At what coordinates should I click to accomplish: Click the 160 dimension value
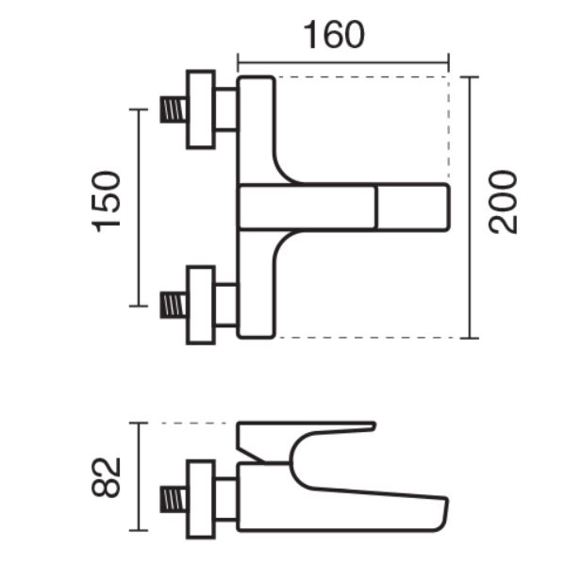[334, 35]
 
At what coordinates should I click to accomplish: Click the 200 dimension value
[503, 202]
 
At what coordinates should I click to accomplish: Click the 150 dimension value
[106, 202]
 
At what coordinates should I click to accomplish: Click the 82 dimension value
[106, 477]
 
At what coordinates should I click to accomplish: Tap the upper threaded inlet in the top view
[174, 109]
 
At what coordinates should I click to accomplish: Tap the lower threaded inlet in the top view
[174, 306]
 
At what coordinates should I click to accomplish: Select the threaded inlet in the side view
[174, 499]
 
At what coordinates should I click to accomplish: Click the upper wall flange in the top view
[201, 109]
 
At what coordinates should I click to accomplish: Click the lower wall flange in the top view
[201, 306]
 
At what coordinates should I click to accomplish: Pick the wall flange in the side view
[201, 500]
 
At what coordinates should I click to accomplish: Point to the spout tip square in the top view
[413, 207]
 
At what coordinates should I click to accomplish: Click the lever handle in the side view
[306, 441]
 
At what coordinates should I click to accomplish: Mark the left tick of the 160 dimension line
[238, 63]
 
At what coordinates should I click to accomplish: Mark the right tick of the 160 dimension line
[449, 63]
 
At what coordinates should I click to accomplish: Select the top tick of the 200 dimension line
[470, 77]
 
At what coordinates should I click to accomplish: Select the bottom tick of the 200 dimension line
[470, 339]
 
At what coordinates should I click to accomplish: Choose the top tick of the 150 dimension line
[139, 109]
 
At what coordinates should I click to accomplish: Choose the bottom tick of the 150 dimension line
[139, 306]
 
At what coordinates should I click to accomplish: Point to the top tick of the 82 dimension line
[139, 423]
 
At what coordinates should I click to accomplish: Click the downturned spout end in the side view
[441, 514]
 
